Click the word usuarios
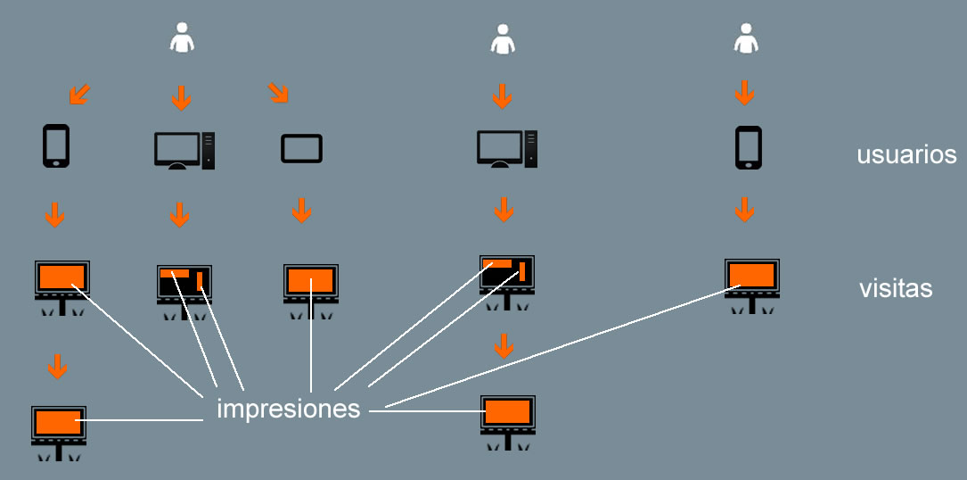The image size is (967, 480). (906, 155)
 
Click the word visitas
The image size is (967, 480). (896, 289)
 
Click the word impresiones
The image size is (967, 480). (288, 410)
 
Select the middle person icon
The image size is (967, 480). (503, 39)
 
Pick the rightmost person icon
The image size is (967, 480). (745, 38)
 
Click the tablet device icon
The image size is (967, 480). (301, 148)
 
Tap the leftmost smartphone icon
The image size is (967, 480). (56, 146)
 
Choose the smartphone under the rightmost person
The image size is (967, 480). (748, 147)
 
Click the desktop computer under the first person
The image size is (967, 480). (184, 150)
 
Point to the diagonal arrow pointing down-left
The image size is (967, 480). (79, 93)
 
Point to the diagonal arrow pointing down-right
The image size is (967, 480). (279, 92)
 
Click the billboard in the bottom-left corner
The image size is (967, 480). (59, 430)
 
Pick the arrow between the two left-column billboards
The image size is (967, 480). (58, 366)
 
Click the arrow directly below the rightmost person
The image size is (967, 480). (745, 92)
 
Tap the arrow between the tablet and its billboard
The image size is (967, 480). (302, 211)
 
